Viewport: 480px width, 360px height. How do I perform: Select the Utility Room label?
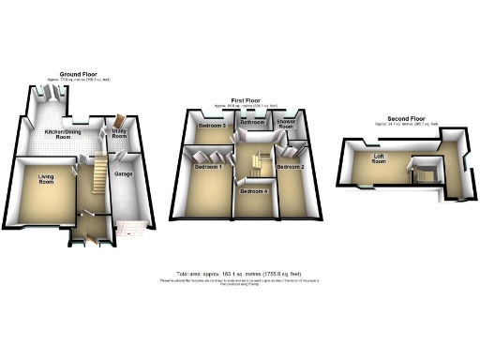(x=119, y=136)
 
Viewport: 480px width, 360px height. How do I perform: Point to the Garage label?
(x=122, y=174)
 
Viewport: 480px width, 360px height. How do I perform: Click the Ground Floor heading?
(x=80, y=74)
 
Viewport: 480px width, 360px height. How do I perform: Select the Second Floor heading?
(x=403, y=119)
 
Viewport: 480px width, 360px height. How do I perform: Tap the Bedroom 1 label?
(x=208, y=167)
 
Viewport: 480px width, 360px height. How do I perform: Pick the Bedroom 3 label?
(x=214, y=126)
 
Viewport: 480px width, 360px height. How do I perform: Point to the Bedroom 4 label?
(x=252, y=191)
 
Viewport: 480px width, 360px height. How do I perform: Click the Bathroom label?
(x=252, y=123)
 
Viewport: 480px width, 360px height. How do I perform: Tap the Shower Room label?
(x=286, y=124)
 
